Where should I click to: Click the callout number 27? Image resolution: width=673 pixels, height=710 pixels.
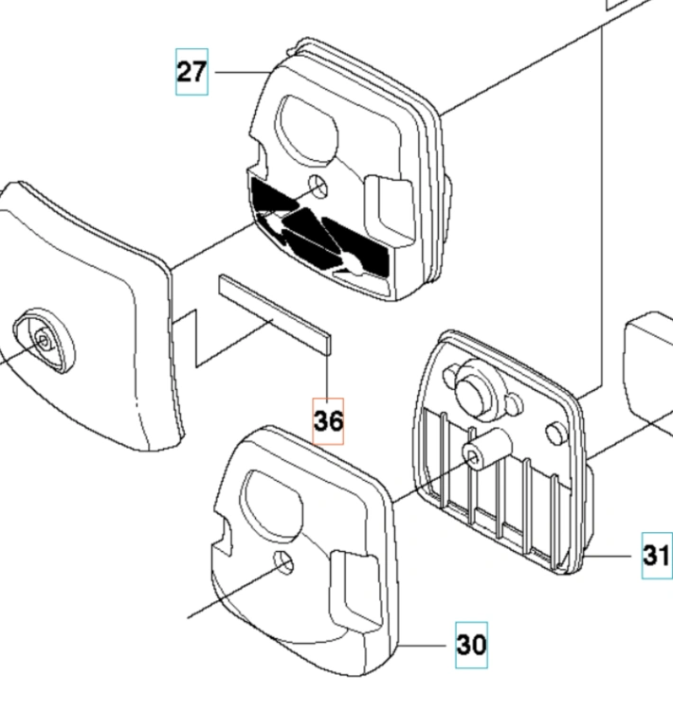tap(191, 72)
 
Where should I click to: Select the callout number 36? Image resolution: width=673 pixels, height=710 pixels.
tap(328, 421)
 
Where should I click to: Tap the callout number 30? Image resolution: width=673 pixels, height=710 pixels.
tap(472, 645)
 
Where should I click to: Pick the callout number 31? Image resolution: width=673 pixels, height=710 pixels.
tap(657, 555)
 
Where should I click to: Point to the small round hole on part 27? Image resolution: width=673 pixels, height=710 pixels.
tap(318, 186)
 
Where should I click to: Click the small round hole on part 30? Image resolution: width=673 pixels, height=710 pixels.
tap(283, 563)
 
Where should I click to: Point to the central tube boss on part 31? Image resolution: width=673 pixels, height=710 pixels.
tap(486, 447)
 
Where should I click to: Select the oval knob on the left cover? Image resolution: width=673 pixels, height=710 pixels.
tap(44, 341)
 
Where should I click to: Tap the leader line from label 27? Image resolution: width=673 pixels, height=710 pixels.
tap(243, 72)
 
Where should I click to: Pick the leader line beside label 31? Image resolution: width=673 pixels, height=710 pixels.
tap(607, 555)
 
